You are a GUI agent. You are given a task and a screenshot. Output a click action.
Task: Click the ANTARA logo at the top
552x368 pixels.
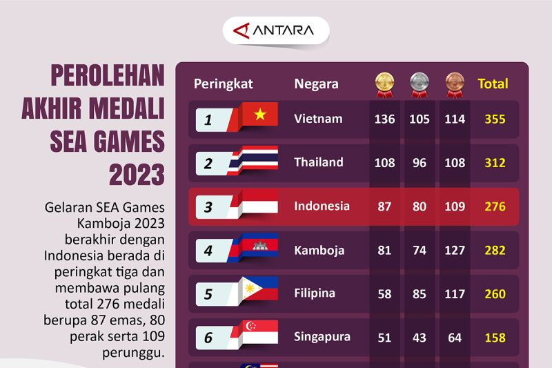pyautogui.click(x=275, y=30)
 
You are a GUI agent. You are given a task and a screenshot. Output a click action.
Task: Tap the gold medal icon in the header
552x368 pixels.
pyautogui.click(x=384, y=83)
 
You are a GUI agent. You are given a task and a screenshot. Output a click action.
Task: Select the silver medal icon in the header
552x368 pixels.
pyautogui.click(x=418, y=83)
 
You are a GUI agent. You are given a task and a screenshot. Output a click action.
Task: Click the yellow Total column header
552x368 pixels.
pyautogui.click(x=493, y=84)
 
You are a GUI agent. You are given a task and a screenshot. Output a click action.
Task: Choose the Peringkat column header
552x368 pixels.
pyautogui.click(x=223, y=84)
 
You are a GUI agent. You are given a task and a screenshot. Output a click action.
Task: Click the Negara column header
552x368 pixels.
pyautogui.click(x=316, y=84)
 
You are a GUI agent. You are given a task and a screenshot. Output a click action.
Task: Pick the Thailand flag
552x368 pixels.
pyautogui.click(x=258, y=159)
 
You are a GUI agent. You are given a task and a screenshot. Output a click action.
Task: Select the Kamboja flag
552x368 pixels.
pyautogui.click(x=258, y=246)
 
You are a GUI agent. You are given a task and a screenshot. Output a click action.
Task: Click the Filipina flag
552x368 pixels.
pyautogui.click(x=258, y=290)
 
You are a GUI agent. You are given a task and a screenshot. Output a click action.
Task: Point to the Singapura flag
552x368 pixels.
pyautogui.click(x=258, y=333)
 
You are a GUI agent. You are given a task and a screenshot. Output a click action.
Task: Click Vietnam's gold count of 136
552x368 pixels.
pyautogui.click(x=384, y=119)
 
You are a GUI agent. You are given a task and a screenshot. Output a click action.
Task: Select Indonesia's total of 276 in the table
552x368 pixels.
pyautogui.click(x=495, y=206)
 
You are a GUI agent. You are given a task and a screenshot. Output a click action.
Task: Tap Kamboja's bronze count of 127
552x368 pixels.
pyautogui.click(x=455, y=251)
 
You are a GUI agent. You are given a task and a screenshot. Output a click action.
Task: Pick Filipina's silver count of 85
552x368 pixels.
pyautogui.click(x=419, y=294)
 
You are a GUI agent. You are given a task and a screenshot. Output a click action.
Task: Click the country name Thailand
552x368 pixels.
pyautogui.click(x=318, y=162)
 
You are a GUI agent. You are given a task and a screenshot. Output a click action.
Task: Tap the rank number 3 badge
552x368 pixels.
pyautogui.click(x=209, y=207)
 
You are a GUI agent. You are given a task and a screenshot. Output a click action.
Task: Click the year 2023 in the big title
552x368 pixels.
pyautogui.click(x=137, y=175)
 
